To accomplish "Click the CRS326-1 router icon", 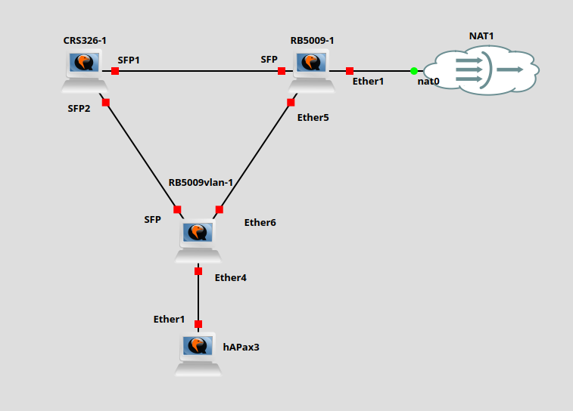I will coord(84,70).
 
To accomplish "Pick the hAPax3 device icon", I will coord(198,354).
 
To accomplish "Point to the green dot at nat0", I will coord(414,71).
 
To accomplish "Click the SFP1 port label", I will coord(129,59).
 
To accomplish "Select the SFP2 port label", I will coord(79,108).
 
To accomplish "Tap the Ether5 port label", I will coord(313,117).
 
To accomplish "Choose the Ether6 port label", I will coord(260,222).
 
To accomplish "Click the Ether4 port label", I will coord(231,277).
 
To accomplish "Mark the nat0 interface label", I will coord(428,81).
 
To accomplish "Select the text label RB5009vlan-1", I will coord(201,183).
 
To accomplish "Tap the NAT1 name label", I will coord(482,36).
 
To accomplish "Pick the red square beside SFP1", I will coord(115,71).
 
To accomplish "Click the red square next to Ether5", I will coord(291,102).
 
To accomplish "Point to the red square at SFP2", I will coord(106,102).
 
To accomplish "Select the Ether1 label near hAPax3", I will coord(169,319).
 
